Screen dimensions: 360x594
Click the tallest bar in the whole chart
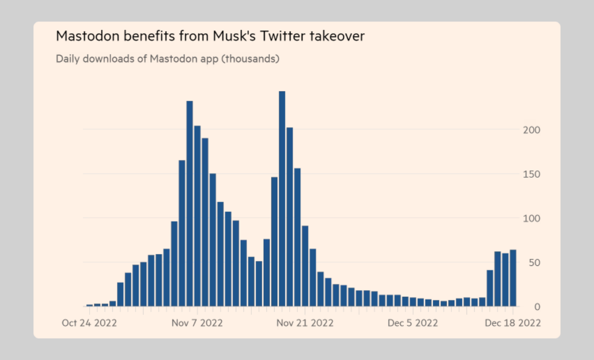tap(282, 199)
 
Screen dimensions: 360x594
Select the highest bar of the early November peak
tap(190, 203)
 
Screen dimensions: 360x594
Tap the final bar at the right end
tap(513, 278)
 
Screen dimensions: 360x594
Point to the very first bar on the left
tap(90, 305)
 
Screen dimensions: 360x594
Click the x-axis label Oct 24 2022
tap(90, 323)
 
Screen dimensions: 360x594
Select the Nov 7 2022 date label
tap(197, 323)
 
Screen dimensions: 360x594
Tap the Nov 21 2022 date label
tap(305, 323)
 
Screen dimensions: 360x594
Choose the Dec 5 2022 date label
tap(413, 323)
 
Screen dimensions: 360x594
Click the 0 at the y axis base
tap(538, 307)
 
